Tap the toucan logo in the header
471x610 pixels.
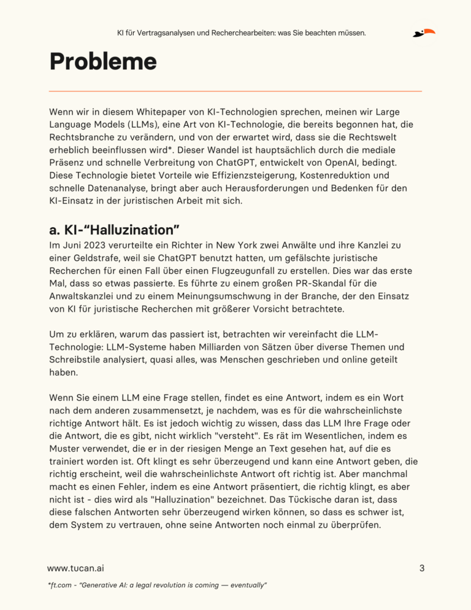click(x=424, y=33)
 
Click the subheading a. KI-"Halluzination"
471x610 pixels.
click(x=113, y=230)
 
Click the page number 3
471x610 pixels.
click(x=422, y=568)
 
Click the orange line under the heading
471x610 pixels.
click(x=235, y=91)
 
